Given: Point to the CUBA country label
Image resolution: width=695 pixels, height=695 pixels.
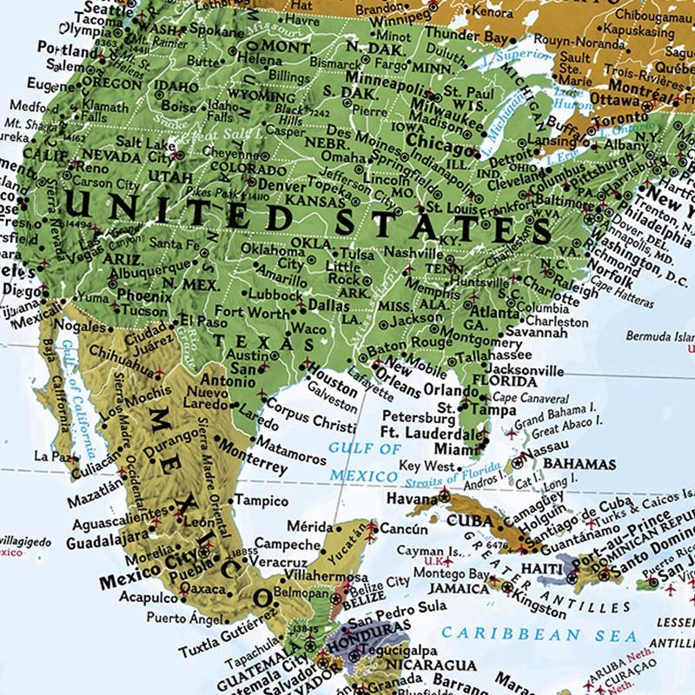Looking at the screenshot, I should tap(470, 520).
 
